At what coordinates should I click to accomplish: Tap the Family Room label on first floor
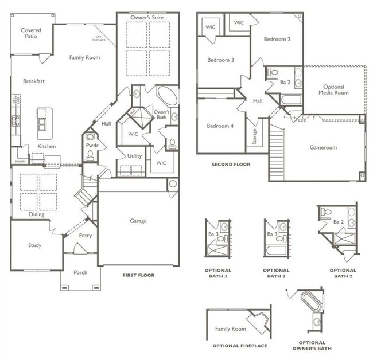coord(84,57)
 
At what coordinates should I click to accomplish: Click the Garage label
coord(138,221)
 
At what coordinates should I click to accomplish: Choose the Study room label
coord(34,245)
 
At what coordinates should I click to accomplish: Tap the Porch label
coord(80,272)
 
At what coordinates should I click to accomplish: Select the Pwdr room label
coord(91,146)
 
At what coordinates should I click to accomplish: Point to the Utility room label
coord(134,156)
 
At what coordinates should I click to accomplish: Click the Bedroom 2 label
coord(277,39)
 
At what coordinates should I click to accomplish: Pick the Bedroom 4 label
coord(220,126)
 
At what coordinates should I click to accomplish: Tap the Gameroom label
coord(323,147)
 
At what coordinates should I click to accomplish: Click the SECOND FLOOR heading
coord(231,164)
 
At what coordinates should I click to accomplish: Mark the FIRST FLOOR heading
coord(138,275)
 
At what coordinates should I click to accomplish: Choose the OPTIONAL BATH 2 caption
coord(343,273)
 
